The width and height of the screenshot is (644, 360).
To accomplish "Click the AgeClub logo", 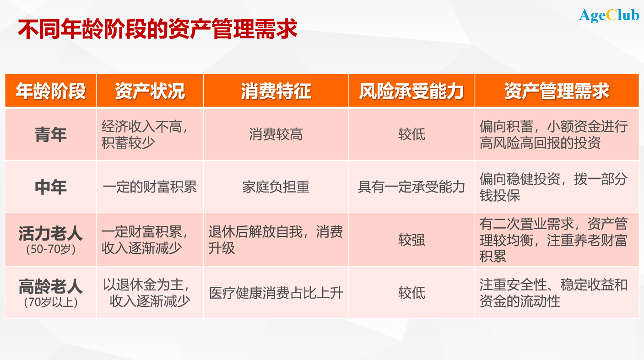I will (x=609, y=15).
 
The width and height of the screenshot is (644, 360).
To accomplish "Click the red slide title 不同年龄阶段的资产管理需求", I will (x=157, y=29).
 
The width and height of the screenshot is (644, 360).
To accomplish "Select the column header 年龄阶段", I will (x=51, y=91).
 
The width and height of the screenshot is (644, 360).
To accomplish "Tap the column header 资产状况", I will (x=150, y=91).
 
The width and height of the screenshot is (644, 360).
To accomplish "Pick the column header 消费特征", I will (x=276, y=91).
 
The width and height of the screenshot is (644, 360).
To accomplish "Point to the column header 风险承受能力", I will (x=411, y=91).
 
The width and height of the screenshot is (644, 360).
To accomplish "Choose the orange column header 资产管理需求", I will (x=557, y=91).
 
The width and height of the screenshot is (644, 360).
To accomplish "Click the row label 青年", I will (x=51, y=134).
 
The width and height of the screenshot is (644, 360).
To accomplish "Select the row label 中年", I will (x=51, y=187).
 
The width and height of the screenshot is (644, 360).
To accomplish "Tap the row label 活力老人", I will (x=51, y=234).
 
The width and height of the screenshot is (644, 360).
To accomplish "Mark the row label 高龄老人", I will (x=51, y=287).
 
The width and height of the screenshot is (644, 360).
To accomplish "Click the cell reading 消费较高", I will (x=276, y=134).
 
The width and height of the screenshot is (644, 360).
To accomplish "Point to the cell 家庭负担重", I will (x=276, y=187).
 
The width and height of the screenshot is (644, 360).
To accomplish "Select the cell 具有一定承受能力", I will (x=411, y=187).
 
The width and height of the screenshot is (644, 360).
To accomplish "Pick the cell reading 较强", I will (x=411, y=240).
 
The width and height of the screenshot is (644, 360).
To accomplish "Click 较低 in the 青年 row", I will (x=411, y=134).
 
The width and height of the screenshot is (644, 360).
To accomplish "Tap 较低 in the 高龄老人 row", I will (x=411, y=293).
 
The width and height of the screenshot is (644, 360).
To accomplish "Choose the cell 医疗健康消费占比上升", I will (x=276, y=293).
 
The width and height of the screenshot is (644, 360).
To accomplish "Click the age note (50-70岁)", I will (x=51, y=250).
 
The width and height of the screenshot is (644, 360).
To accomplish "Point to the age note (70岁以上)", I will (x=51, y=302).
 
